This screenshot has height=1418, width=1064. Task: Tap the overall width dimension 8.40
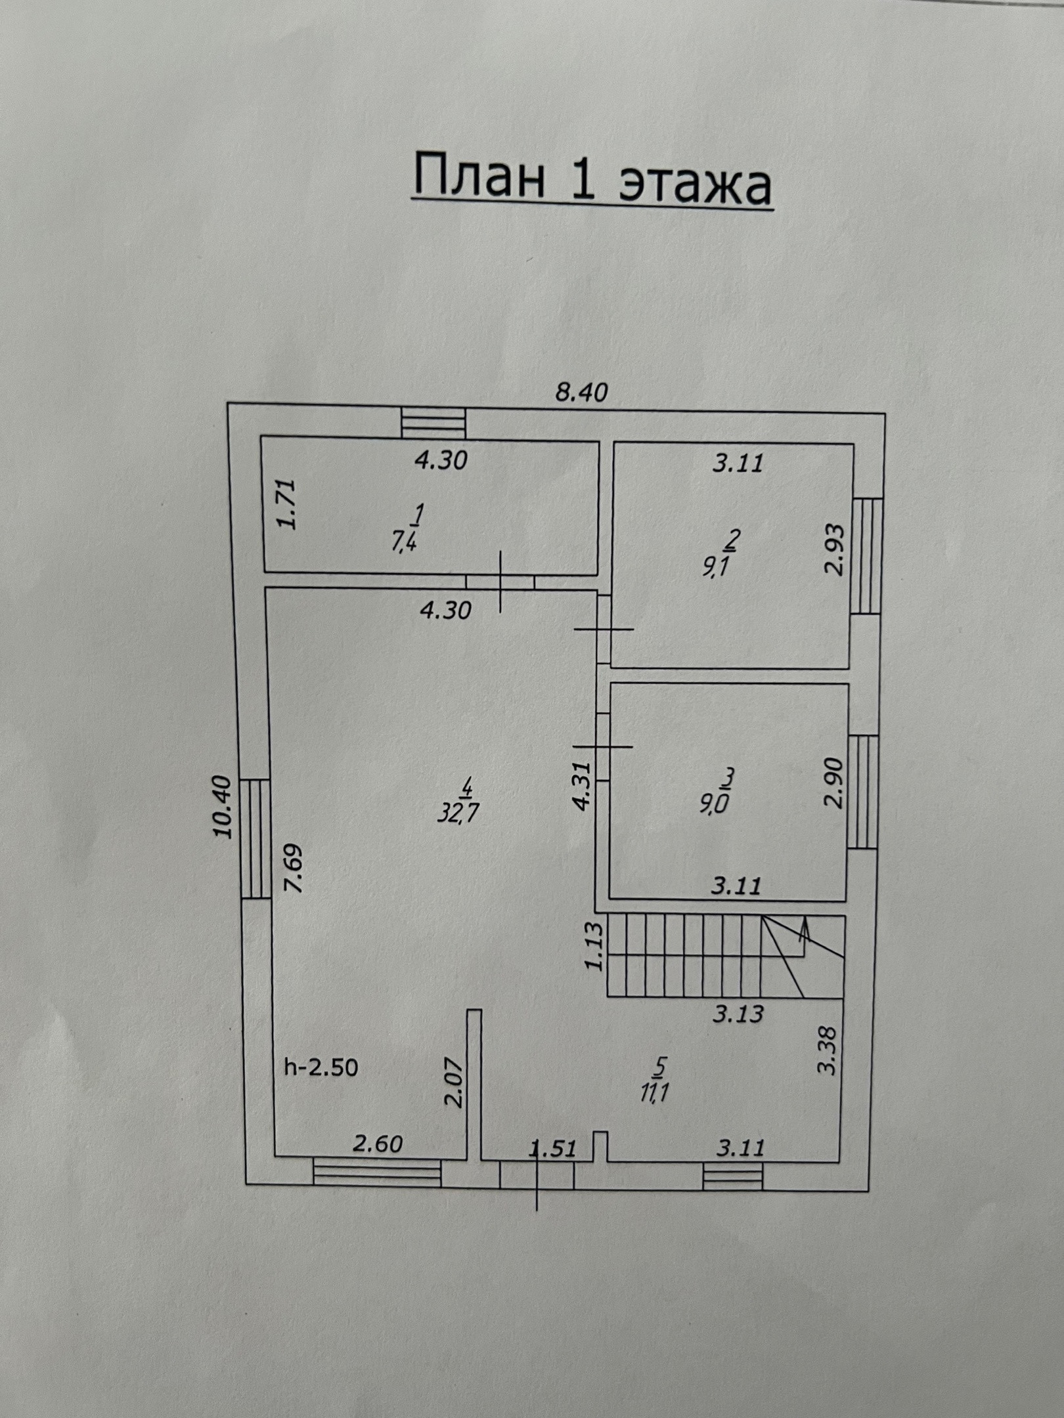(581, 393)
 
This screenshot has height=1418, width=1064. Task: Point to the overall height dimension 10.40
(224, 807)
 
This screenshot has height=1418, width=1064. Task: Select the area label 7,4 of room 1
(404, 542)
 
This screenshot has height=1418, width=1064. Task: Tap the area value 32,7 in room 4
(458, 814)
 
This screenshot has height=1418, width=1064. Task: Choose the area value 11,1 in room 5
(654, 1093)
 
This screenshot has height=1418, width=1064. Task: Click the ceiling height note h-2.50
(321, 1067)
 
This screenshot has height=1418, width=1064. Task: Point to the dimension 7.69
(293, 868)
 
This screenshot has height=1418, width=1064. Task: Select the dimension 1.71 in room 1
(287, 504)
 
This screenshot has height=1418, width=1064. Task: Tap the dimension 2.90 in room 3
(833, 783)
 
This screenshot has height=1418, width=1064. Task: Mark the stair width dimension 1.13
(594, 946)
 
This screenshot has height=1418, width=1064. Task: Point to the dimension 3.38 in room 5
(828, 1050)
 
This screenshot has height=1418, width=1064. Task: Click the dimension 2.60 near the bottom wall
(378, 1144)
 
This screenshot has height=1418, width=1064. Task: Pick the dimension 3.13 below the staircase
(739, 1014)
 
